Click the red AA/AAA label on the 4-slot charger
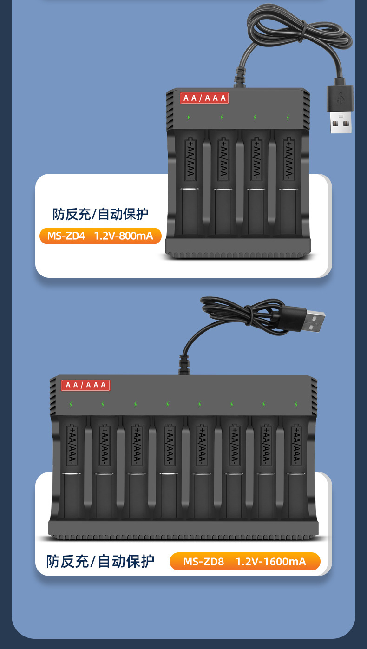point(204,98)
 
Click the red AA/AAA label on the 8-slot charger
point(85,385)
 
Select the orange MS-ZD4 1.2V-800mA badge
point(100,236)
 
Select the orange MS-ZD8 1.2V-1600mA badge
point(245,562)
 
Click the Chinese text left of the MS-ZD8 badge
point(100,561)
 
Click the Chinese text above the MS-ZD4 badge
point(100,214)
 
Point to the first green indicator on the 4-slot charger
point(189,117)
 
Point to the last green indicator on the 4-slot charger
point(288,117)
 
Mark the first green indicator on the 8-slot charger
point(71,404)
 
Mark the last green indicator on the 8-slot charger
point(295,404)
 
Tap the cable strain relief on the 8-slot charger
point(184,365)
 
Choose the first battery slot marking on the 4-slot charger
point(190,159)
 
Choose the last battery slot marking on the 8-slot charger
point(296,445)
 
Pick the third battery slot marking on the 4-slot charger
point(255,159)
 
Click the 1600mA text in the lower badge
point(284,562)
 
